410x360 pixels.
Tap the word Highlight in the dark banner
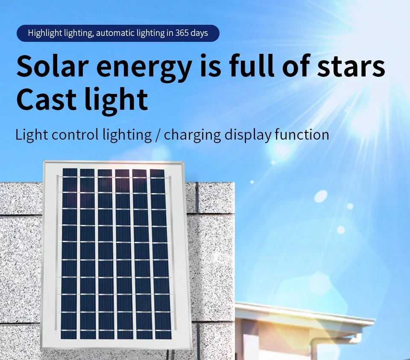coord(43,33)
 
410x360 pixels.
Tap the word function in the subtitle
coord(302,135)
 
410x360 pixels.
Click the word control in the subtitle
coord(75,135)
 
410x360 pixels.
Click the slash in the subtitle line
coord(158,135)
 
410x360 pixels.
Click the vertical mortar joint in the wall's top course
coord(197,197)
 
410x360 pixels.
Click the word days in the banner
coord(199,33)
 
